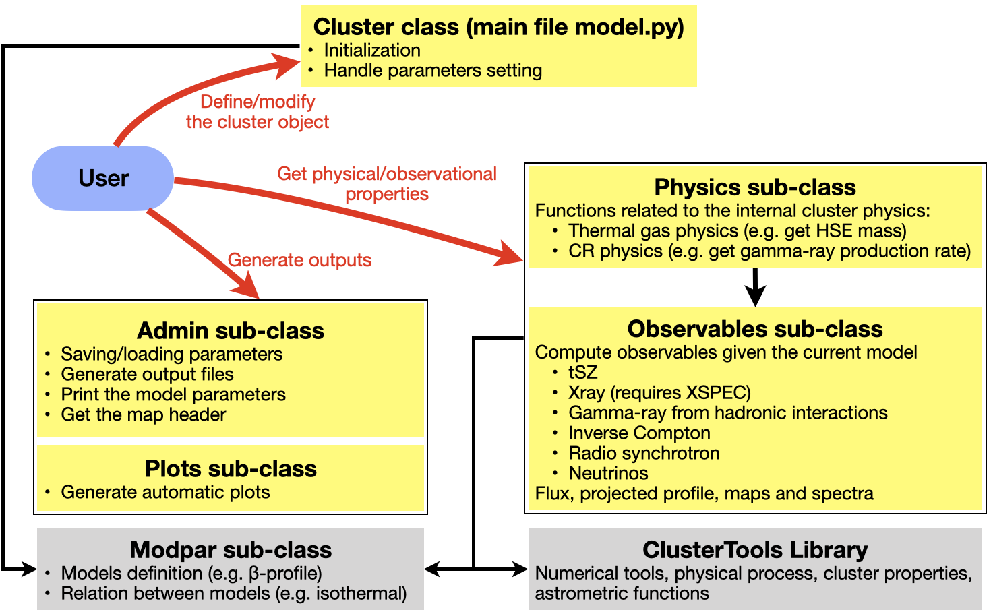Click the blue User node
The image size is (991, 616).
tap(103, 178)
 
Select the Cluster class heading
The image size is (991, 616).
tap(498, 27)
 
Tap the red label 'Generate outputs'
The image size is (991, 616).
tap(299, 260)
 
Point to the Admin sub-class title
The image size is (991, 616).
tap(231, 331)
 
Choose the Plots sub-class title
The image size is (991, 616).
tap(231, 469)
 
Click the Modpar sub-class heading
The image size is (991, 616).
tap(231, 550)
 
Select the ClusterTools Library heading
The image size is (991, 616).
tap(755, 550)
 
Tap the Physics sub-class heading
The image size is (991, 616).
tap(755, 187)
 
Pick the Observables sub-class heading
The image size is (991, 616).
tap(755, 329)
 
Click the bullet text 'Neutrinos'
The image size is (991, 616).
tap(608, 473)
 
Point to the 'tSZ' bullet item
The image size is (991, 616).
tap(583, 372)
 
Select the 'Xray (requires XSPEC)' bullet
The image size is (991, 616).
tap(659, 392)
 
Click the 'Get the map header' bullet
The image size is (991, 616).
tap(144, 414)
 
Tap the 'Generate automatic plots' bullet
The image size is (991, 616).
tap(165, 492)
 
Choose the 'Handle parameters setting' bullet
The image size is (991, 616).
tap(433, 70)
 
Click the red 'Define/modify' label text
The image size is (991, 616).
tap(258, 102)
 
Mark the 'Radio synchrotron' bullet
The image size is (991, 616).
tap(644, 453)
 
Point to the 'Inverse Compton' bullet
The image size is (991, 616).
tap(639, 433)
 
